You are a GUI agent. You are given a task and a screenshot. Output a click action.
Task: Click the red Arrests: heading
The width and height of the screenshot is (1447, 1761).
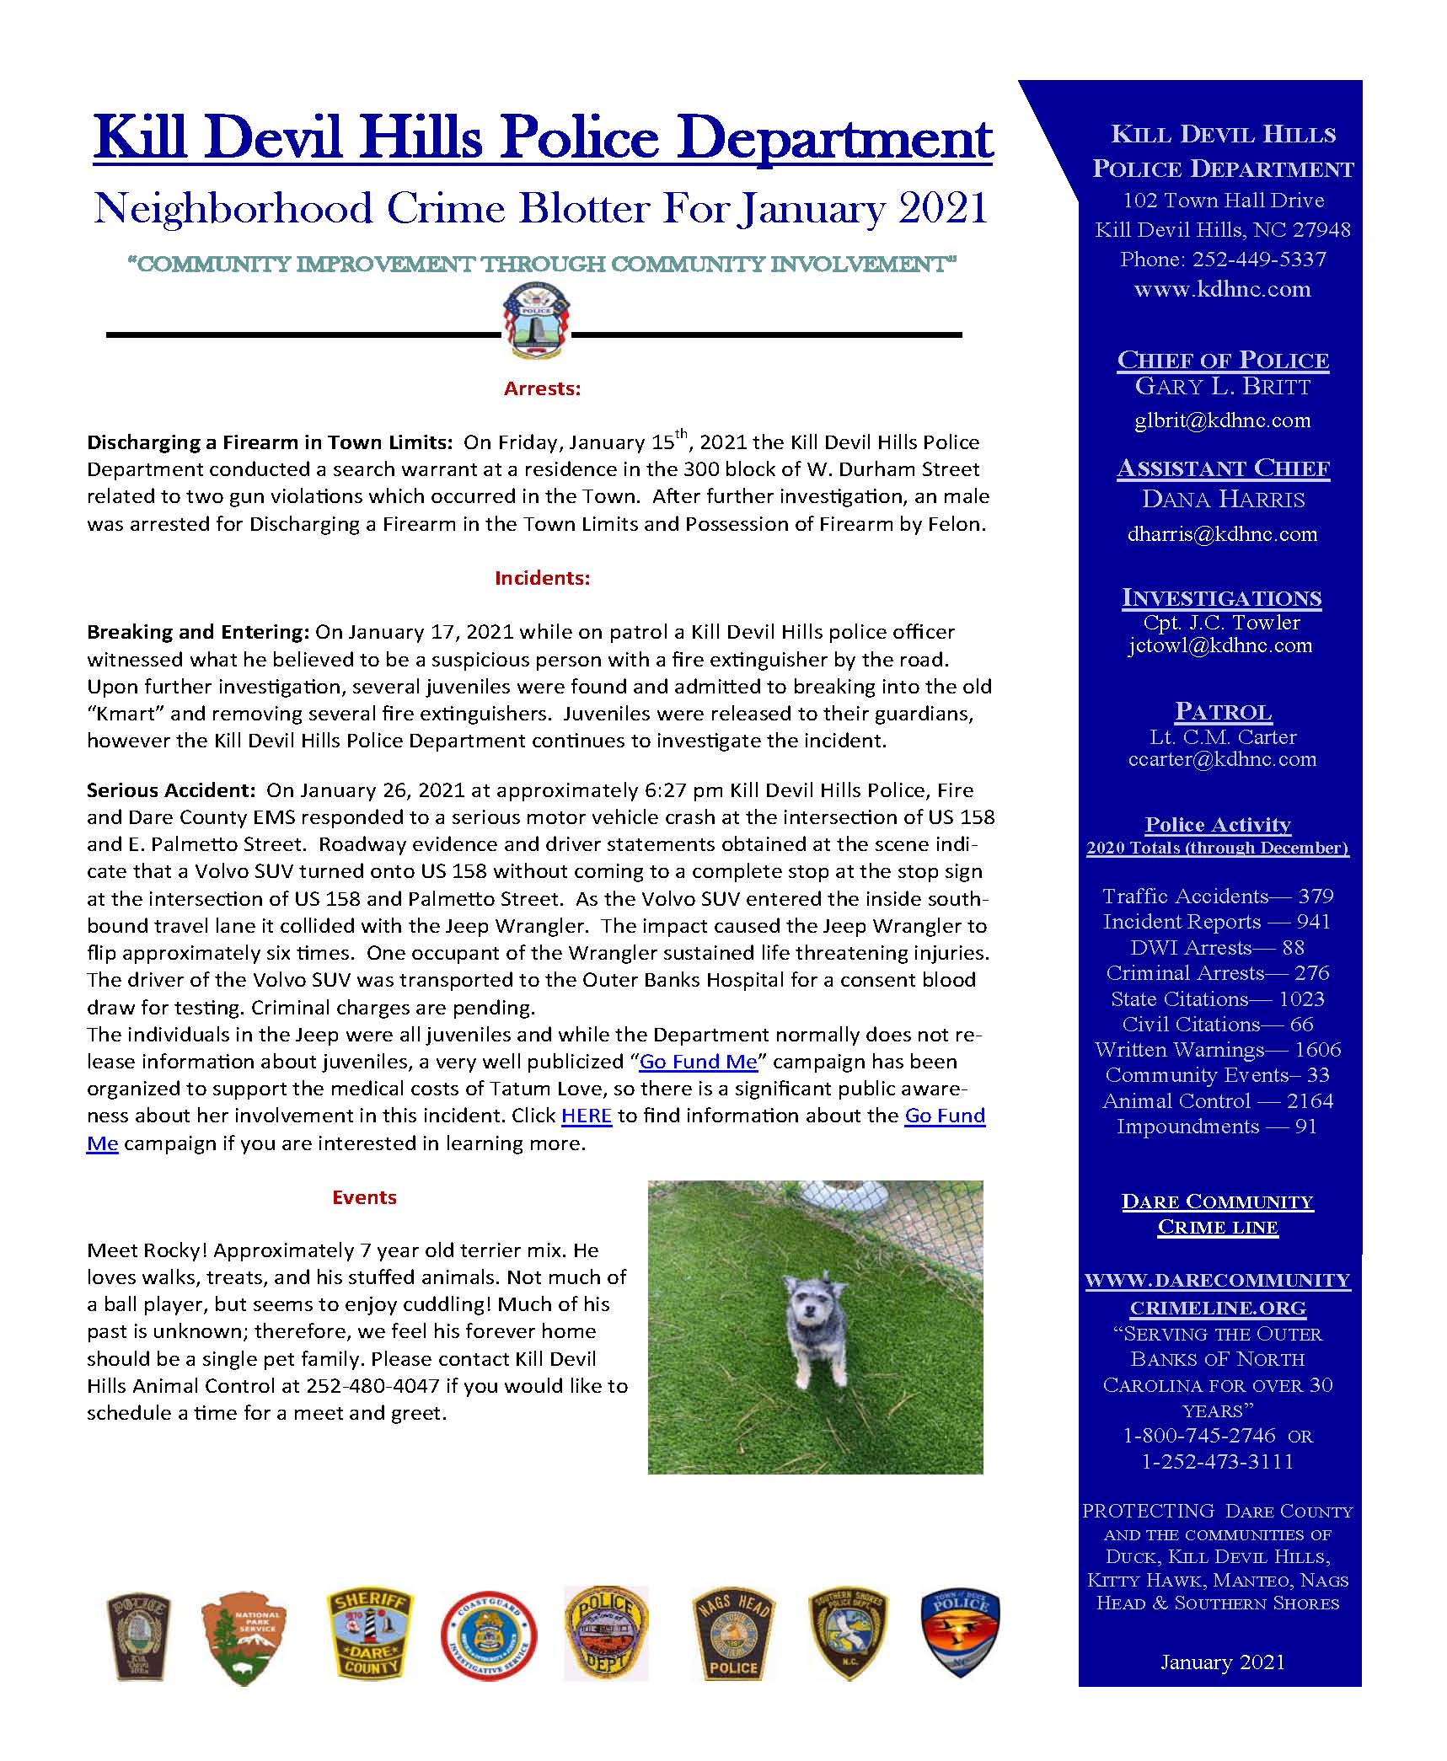(542, 388)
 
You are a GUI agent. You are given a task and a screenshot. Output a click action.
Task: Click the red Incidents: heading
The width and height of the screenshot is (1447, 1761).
(542, 578)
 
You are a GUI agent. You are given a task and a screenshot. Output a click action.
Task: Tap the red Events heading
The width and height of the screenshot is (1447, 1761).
(364, 1197)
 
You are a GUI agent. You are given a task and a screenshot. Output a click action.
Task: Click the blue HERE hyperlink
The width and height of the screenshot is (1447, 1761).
(586, 1116)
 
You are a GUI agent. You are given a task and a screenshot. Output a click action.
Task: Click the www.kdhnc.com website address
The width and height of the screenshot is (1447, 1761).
(1222, 290)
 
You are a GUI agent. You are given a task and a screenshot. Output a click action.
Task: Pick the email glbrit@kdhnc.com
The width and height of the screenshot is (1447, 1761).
(1222, 420)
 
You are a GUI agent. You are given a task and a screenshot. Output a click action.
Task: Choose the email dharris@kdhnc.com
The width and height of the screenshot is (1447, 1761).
(1222, 534)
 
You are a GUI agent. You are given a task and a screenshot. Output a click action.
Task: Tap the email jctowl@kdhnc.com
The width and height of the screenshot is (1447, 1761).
(1220, 646)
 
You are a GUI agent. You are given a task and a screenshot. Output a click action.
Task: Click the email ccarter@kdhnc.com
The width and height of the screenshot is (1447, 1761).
(1222, 759)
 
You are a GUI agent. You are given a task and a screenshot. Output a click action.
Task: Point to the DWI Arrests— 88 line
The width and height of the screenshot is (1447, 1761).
(1218, 947)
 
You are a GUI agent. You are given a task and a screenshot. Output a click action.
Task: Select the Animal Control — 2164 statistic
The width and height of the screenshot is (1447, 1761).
(1218, 1101)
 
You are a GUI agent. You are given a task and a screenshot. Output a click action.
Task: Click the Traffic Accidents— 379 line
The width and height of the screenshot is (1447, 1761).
(1218, 896)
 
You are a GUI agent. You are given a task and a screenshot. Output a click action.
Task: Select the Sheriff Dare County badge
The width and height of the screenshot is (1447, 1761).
(370, 1636)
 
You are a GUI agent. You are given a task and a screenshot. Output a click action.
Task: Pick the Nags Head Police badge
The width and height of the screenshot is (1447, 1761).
(732, 1636)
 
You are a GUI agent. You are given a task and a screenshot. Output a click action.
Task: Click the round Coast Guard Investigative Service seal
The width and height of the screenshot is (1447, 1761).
(489, 1636)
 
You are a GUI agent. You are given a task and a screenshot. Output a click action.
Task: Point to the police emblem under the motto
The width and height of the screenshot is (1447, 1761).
(537, 320)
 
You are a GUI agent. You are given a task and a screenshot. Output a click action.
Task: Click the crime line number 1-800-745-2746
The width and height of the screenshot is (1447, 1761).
(1198, 1436)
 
